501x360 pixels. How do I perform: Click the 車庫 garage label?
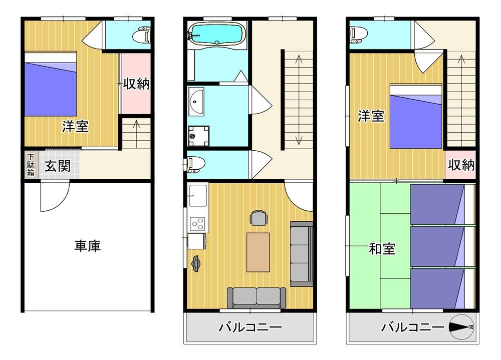[88, 246]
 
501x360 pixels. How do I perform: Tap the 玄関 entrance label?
[58, 166]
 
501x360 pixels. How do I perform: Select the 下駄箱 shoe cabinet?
[31, 165]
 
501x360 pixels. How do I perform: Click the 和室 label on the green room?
[382, 248]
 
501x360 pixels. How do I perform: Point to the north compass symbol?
[461, 327]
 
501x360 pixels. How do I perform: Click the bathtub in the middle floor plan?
[217, 34]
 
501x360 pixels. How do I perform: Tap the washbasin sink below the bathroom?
[196, 101]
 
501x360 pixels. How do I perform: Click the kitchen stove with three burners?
[197, 224]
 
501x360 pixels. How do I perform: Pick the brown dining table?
[258, 252]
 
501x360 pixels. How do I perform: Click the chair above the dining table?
[259, 218]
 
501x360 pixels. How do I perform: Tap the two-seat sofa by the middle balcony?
[257, 298]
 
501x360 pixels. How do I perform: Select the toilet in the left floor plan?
[142, 35]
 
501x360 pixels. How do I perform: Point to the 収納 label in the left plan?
[136, 84]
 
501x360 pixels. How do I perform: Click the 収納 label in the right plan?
[461, 165]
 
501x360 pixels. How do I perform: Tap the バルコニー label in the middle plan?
[250, 327]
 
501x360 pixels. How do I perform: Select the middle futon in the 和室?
[442, 246]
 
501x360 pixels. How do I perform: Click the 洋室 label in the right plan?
[371, 116]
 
